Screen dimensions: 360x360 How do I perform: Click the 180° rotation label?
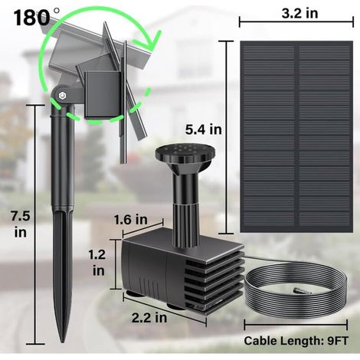[x=37, y=18]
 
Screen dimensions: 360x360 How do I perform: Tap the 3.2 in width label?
[x=299, y=13]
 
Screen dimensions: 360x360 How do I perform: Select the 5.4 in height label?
[x=204, y=129]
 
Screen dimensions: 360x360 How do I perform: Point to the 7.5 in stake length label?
[x=21, y=224]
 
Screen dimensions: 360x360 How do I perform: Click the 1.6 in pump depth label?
[x=130, y=220]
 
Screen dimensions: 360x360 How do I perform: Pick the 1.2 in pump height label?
[x=97, y=263]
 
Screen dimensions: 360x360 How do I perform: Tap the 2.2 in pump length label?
[x=149, y=318]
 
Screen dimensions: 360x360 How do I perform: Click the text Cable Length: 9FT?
[x=296, y=341]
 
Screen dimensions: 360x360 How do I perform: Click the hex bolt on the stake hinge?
[x=63, y=96]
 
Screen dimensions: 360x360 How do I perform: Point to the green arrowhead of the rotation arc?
[x=152, y=41]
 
